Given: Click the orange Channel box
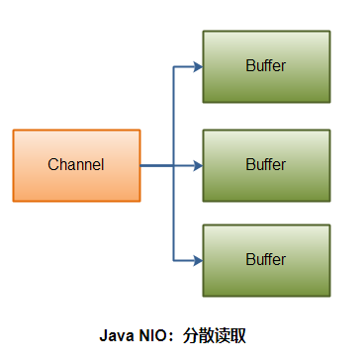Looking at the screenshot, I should (x=76, y=165).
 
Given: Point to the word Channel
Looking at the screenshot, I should (x=76, y=165).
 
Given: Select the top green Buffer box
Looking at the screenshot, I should (x=266, y=66).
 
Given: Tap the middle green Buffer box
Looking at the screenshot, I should (x=266, y=163).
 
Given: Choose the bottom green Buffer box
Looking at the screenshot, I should (x=266, y=260).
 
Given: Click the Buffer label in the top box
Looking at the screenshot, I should (x=266, y=66).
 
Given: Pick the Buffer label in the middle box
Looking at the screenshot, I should (x=266, y=164).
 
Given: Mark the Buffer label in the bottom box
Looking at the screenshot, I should (x=266, y=260).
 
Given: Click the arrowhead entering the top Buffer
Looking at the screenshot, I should (x=197, y=67).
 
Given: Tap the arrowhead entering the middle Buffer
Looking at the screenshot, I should (x=197, y=165).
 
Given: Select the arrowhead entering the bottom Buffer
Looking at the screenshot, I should (x=197, y=261).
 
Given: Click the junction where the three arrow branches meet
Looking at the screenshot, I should (x=174, y=165).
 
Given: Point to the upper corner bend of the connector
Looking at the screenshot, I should (x=174, y=67).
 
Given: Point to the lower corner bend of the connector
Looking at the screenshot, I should (x=174, y=261).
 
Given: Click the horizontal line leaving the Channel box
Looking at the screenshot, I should (x=156, y=165).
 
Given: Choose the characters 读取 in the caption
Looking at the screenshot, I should (x=231, y=335).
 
